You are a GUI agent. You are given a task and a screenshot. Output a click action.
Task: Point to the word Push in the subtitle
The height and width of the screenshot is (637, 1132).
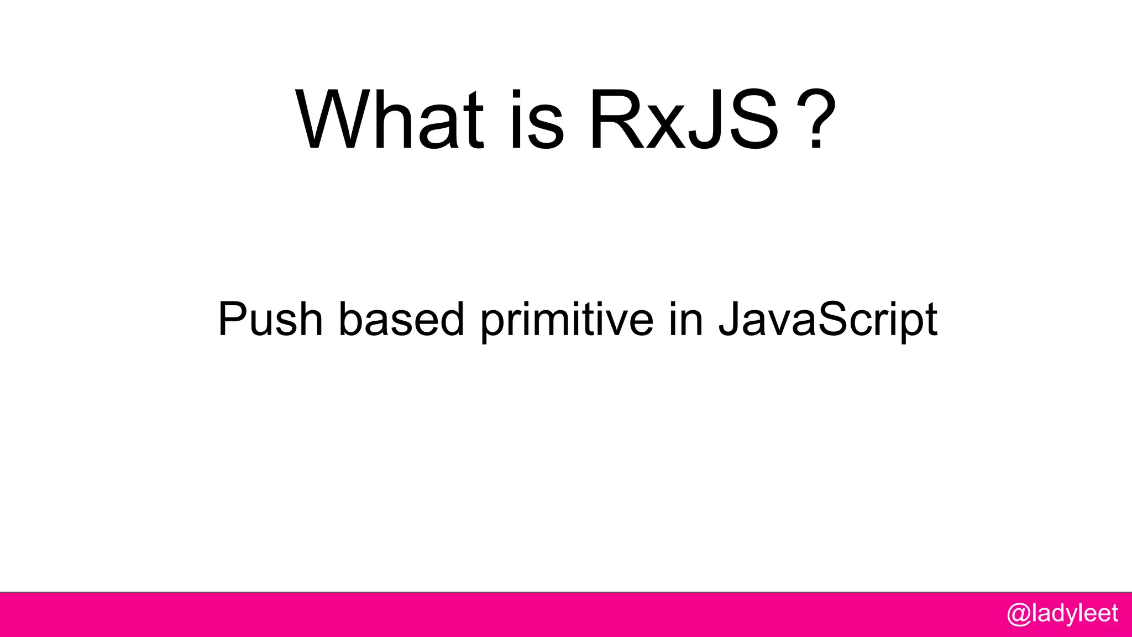(270, 319)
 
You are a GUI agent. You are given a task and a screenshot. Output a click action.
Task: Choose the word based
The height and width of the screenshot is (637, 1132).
(401, 319)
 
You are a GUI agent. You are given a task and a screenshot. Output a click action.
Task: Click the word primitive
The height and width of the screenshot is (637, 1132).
(567, 321)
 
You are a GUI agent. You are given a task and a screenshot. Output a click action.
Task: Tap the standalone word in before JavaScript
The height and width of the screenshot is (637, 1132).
(685, 319)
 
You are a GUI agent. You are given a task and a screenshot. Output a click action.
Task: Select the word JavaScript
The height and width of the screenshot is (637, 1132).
(827, 321)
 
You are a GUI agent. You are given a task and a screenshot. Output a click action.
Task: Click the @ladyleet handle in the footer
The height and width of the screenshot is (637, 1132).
(1062, 614)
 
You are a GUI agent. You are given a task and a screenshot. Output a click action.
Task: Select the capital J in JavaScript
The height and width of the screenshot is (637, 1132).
(729, 319)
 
